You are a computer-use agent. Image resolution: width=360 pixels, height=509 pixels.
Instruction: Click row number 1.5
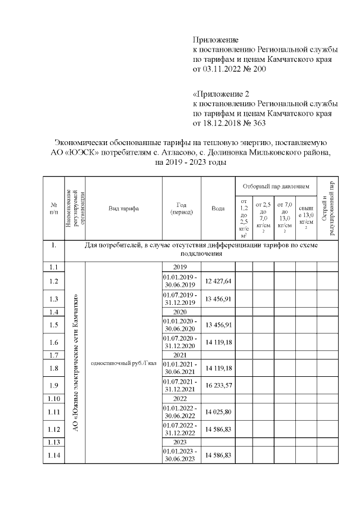click(54, 325)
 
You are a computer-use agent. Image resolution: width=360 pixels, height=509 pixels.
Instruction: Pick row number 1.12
click(54, 430)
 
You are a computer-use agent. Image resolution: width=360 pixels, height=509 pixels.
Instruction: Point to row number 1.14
click(54, 455)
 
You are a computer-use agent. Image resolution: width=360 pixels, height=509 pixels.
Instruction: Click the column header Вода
click(218, 209)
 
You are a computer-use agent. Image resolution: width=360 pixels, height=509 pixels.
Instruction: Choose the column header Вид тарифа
click(123, 209)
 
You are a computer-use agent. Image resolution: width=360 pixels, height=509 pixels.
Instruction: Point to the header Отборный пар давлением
click(276, 185)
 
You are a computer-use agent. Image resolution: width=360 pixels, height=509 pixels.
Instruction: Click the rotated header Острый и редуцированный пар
click(328, 209)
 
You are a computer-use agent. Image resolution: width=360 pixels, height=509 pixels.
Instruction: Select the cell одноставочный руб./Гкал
click(123, 362)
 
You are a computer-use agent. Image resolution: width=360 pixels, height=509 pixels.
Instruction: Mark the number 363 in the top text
click(257, 123)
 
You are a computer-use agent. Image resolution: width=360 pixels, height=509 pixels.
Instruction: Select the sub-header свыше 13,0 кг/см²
click(306, 216)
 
